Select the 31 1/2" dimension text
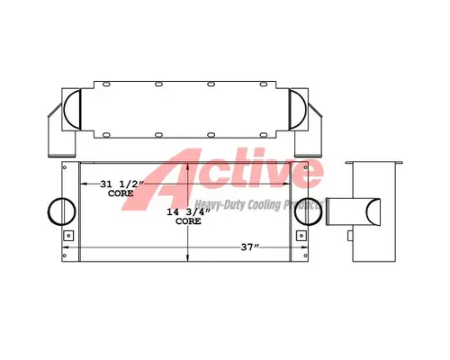(122, 184)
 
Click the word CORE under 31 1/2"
(121, 193)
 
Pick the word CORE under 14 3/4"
(187, 221)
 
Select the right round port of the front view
(310, 209)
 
